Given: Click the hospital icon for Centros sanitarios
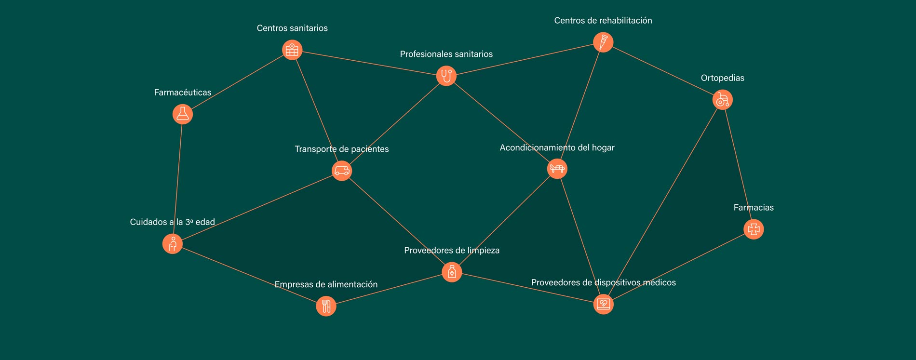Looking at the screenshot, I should pos(292,50).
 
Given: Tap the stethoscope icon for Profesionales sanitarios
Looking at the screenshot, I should pos(446,76).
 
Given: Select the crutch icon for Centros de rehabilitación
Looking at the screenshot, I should pos(603,42).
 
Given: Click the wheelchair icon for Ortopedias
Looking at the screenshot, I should pos(722,100).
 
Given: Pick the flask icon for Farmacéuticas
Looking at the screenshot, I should pos(183,114).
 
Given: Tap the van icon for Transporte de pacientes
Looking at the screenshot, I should pos(342,171).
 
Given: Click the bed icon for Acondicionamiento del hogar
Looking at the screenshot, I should pos(557,169).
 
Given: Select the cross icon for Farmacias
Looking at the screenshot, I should pos(754,229).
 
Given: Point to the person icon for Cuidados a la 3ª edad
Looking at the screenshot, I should pos(173,244).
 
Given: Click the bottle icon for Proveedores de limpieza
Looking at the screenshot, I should pos(452,272).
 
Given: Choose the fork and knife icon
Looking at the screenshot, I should pos(326,306).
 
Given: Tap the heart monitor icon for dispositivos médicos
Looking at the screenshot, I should pos(603,304).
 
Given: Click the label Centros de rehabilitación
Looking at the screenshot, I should pos(603,21).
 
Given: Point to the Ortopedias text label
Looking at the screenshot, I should pos(722,78).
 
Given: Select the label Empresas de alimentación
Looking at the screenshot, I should pos(326,284).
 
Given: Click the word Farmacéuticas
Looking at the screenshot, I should pos(183,93).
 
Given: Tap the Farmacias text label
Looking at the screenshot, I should pos(754,208).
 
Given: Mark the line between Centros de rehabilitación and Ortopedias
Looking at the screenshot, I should pos(663,71).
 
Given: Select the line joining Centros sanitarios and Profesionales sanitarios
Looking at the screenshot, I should pos(369,63).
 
